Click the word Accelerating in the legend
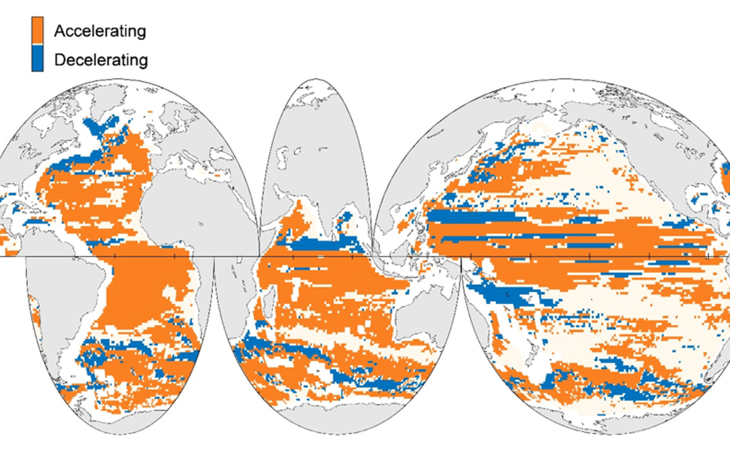click(100, 31)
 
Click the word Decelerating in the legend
click(101, 60)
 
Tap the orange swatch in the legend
click(37, 30)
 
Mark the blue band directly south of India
click(319, 245)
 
